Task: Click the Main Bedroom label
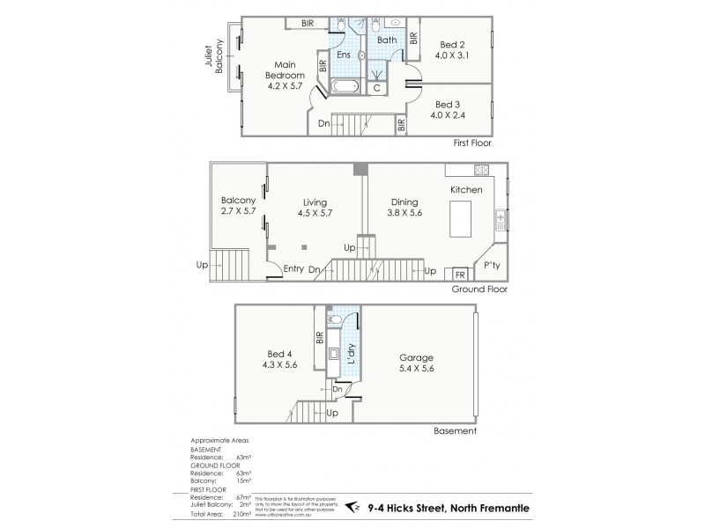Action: coord(283,75)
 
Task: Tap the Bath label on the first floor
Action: coord(387,40)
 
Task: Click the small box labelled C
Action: coord(377,87)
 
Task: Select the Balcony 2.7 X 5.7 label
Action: coord(238,205)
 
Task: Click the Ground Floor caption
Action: coord(479,289)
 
